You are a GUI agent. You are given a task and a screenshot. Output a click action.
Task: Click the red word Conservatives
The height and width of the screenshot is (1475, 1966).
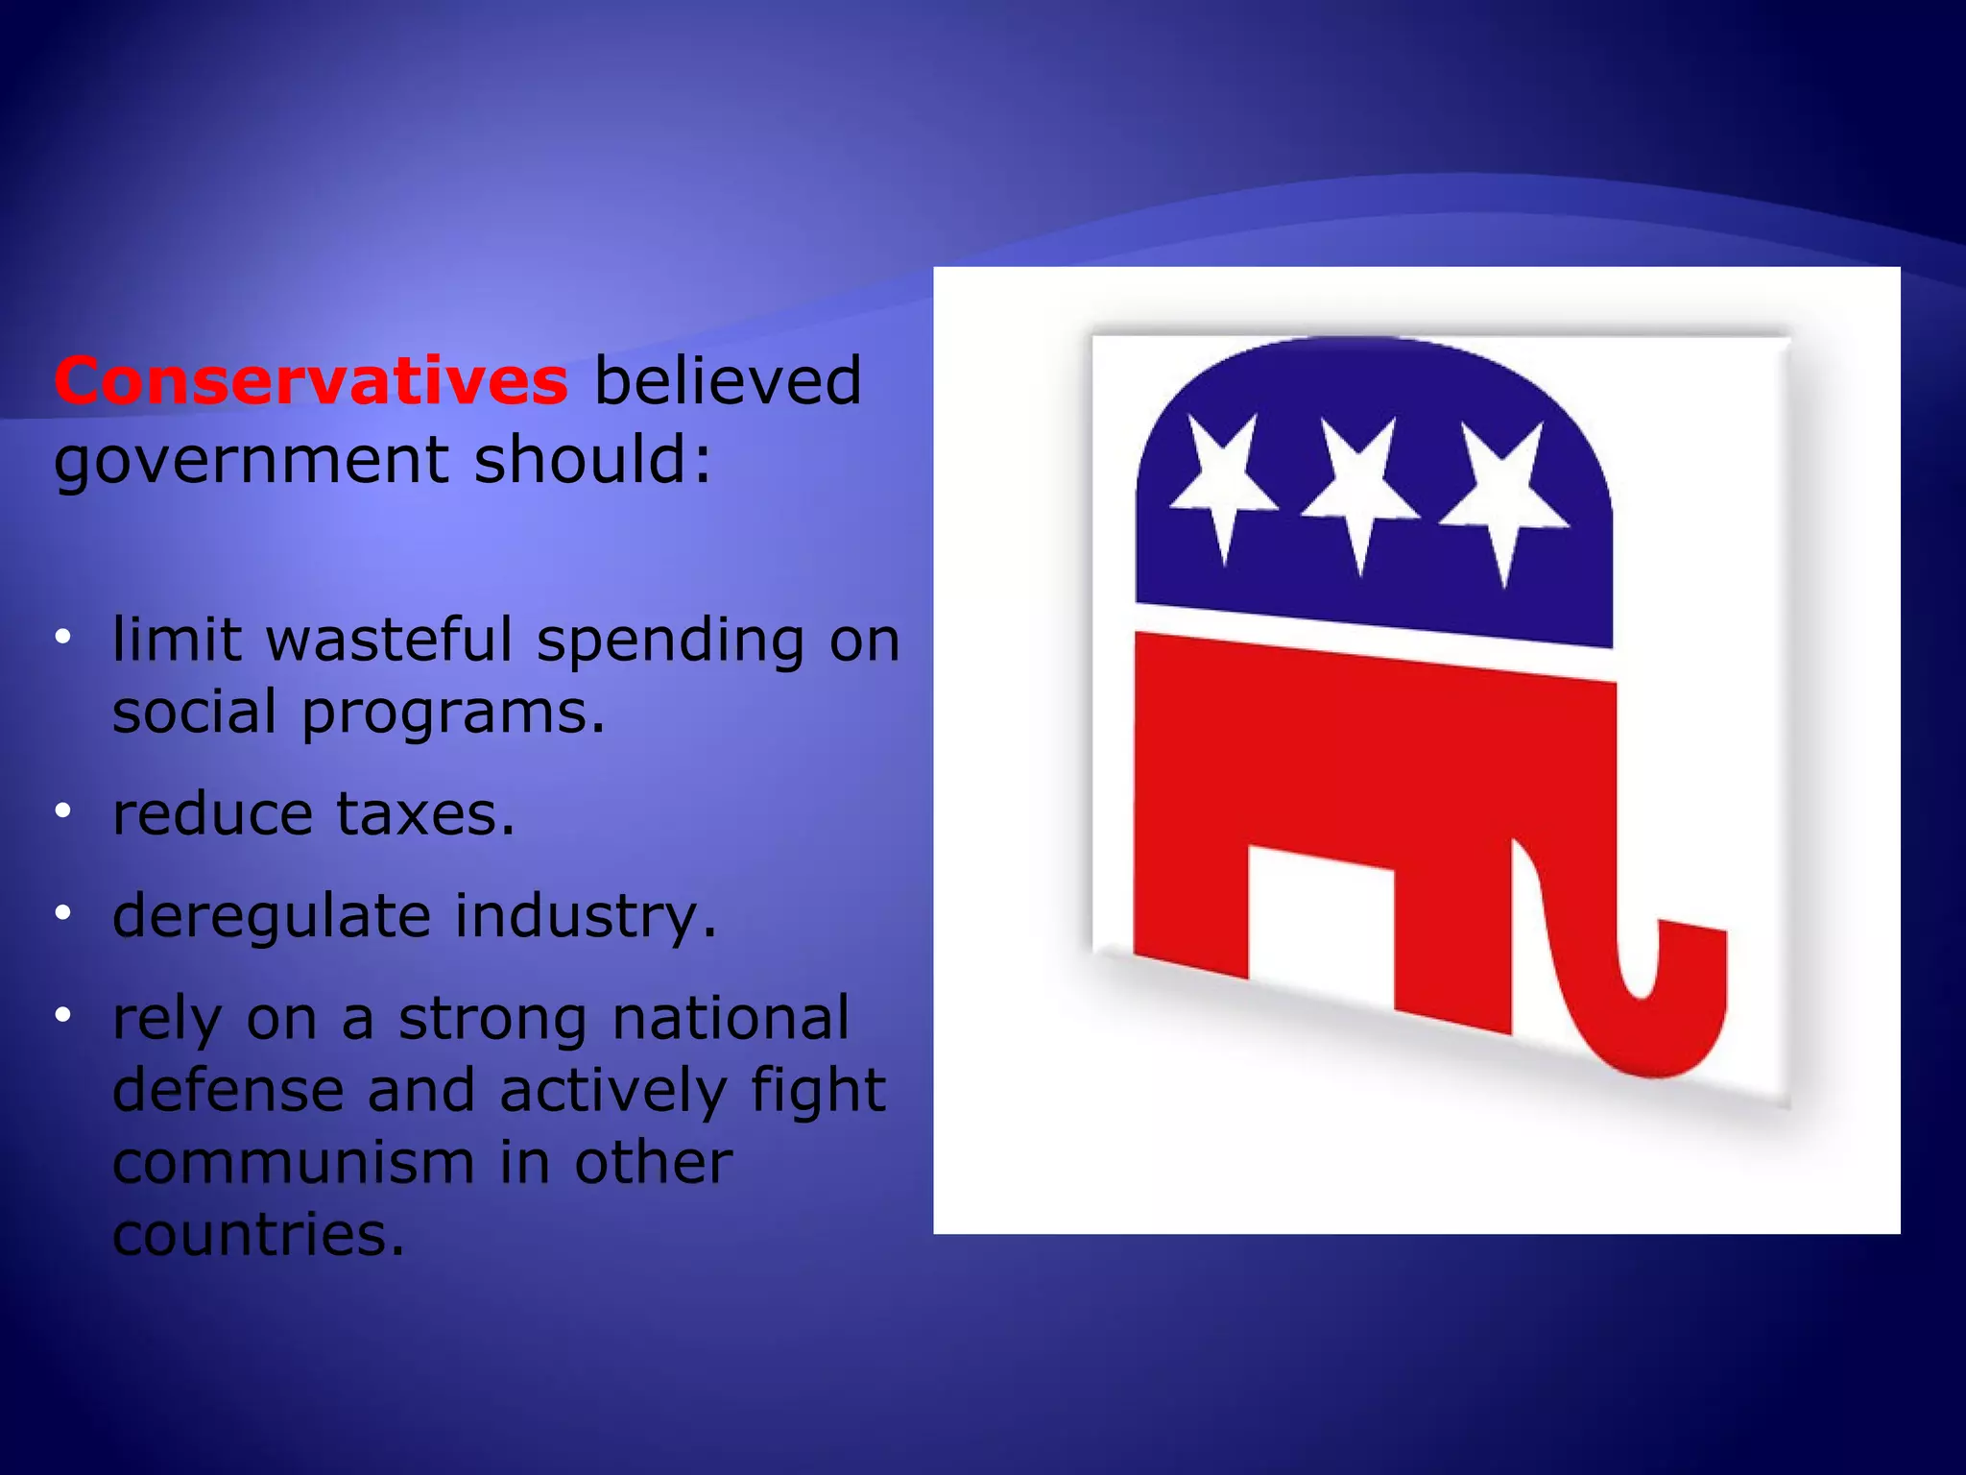(x=310, y=381)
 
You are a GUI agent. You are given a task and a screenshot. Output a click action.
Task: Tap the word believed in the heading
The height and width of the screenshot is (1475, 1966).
(x=728, y=381)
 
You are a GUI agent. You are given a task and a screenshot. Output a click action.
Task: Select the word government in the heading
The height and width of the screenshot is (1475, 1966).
(x=252, y=461)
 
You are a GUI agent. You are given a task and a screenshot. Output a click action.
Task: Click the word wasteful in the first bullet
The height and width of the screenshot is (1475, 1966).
(x=390, y=640)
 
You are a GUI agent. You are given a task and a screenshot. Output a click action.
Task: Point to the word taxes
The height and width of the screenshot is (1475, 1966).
(x=425, y=815)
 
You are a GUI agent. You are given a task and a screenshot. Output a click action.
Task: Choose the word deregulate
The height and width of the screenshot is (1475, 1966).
(x=272, y=917)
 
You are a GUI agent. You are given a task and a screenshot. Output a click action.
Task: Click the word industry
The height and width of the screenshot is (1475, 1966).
(x=586, y=917)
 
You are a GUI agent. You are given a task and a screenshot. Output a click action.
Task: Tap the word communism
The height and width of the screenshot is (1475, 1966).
(x=293, y=1163)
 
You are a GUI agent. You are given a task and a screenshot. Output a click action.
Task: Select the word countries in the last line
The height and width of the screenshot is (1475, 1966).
(x=258, y=1235)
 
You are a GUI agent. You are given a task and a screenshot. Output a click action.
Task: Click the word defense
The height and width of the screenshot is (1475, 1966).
(x=228, y=1091)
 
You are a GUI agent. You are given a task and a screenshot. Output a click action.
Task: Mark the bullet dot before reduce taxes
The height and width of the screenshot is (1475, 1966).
(x=63, y=812)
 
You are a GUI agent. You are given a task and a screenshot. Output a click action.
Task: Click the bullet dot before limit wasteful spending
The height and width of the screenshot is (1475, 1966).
(x=63, y=637)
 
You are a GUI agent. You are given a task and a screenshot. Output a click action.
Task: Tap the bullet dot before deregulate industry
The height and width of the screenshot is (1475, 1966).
(x=63, y=913)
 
